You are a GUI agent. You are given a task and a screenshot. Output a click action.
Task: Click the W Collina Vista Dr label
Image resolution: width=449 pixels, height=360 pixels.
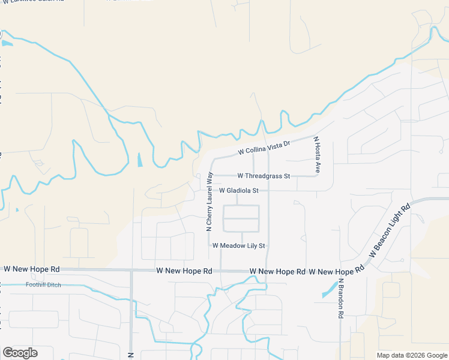click(264, 148)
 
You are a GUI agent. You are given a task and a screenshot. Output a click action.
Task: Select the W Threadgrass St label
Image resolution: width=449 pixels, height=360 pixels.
click(264, 176)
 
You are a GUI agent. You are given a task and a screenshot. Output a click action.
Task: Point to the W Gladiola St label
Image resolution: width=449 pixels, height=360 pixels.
click(238, 191)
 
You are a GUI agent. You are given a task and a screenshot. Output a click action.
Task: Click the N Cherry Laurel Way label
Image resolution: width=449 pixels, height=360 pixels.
click(209, 202)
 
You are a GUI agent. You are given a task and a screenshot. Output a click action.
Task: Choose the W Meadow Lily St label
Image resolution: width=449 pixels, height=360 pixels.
click(238, 245)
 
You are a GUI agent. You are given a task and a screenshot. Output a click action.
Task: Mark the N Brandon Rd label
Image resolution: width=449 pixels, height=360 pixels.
click(340, 298)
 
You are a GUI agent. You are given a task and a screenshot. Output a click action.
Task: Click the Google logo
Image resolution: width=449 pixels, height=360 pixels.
click(20, 353)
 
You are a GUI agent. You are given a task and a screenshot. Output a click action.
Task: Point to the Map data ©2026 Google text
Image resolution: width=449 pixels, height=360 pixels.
click(412, 355)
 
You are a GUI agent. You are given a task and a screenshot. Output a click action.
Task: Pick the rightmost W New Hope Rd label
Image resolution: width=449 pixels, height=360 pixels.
click(336, 272)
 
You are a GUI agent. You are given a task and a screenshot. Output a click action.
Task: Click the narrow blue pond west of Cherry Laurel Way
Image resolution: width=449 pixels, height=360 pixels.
click(140, 160)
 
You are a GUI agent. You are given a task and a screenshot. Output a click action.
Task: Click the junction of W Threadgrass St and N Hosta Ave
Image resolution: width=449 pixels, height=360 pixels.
click(316, 176)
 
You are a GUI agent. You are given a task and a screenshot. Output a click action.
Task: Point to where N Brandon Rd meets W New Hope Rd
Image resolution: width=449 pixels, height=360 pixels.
click(340, 271)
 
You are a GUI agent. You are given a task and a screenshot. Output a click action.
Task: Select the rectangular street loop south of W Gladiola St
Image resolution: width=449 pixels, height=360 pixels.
click(241, 218)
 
